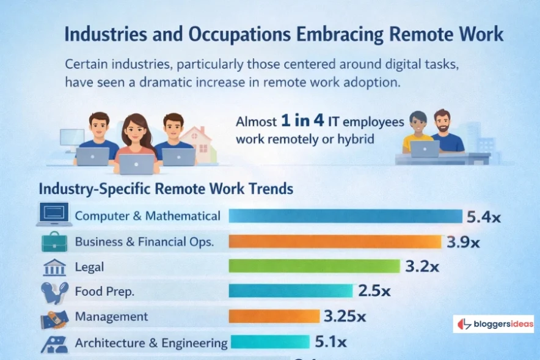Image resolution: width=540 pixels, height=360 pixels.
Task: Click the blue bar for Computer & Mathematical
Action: pos(345,216)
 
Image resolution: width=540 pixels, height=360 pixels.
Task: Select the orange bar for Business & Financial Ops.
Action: pos(335,242)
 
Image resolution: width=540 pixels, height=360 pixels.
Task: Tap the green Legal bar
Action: pos(314,266)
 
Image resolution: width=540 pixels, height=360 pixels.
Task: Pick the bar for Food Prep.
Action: pos(291,291)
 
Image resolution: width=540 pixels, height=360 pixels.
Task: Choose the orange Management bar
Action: pos(274,316)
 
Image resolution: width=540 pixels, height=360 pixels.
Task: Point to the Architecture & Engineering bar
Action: pos(269,342)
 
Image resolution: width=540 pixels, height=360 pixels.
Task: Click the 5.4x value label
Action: pos(484,216)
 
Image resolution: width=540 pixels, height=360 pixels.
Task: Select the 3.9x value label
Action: pos(462,242)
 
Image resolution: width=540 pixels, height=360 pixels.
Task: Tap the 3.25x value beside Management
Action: pos(345,317)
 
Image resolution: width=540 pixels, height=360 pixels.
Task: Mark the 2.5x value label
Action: pos(374,291)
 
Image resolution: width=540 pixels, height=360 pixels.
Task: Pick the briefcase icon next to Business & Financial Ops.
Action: pos(54,241)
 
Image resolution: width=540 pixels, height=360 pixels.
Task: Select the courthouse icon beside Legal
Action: pos(55,267)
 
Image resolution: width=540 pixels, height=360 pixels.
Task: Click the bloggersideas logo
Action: pos(494,324)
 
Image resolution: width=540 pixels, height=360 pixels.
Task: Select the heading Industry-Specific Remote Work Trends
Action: pos(166,188)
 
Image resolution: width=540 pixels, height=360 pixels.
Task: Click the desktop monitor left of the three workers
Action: pos(72,138)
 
